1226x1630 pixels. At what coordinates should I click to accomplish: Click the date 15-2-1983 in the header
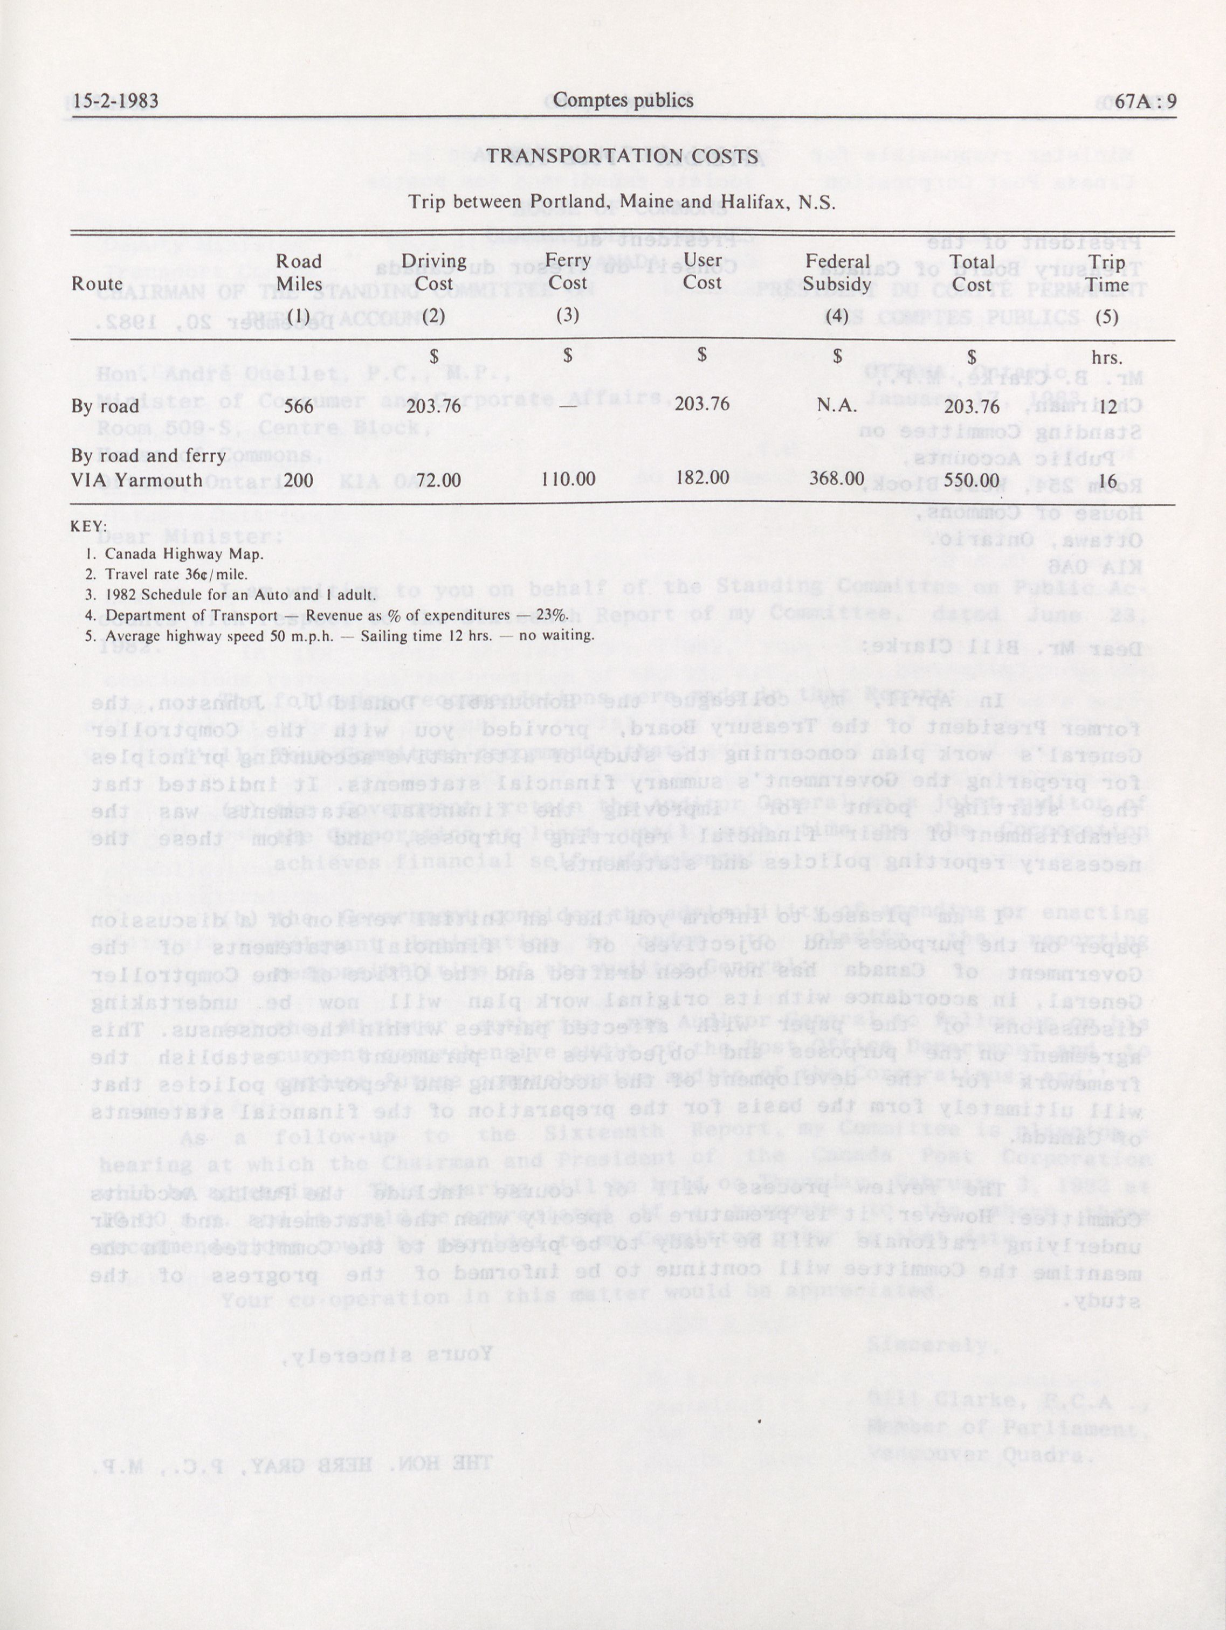pyautogui.click(x=116, y=101)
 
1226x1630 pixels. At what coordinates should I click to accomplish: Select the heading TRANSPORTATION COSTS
pyautogui.click(x=622, y=156)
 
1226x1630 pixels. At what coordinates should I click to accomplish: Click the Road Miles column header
pyautogui.click(x=299, y=273)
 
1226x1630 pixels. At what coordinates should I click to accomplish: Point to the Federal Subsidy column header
pyautogui.click(x=837, y=273)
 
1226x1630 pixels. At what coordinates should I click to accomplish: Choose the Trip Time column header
pyautogui.click(x=1107, y=273)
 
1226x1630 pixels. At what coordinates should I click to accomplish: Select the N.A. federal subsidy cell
pyautogui.click(x=837, y=405)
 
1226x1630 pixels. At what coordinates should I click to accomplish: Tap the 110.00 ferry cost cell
pyautogui.click(x=567, y=479)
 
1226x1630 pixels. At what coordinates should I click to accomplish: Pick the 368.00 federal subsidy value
pyautogui.click(x=837, y=478)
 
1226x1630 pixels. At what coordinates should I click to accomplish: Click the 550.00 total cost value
pyautogui.click(x=972, y=480)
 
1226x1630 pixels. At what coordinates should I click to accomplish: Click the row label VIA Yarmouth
pyautogui.click(x=136, y=481)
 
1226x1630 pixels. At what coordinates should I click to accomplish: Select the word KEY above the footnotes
pyautogui.click(x=88, y=527)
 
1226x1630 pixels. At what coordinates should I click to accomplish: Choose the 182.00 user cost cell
pyautogui.click(x=702, y=477)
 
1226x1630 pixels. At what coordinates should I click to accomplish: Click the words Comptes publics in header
pyautogui.click(x=622, y=101)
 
